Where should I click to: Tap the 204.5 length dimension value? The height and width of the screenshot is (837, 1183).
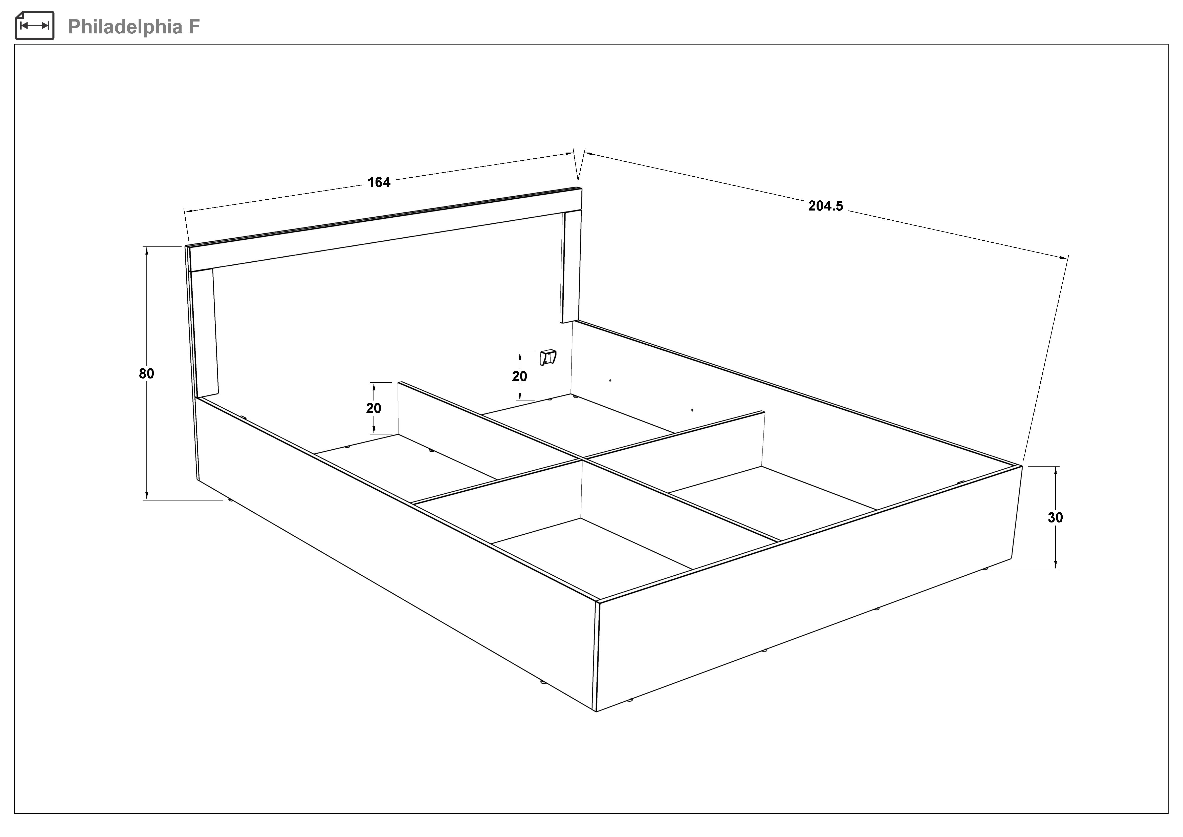825,206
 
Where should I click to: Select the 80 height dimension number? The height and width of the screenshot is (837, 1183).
146,374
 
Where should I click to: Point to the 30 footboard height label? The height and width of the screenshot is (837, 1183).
1055,517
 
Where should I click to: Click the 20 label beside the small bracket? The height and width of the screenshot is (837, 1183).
519,377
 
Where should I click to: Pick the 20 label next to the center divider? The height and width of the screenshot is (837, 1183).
374,408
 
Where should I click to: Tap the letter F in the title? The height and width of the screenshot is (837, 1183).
194,27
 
